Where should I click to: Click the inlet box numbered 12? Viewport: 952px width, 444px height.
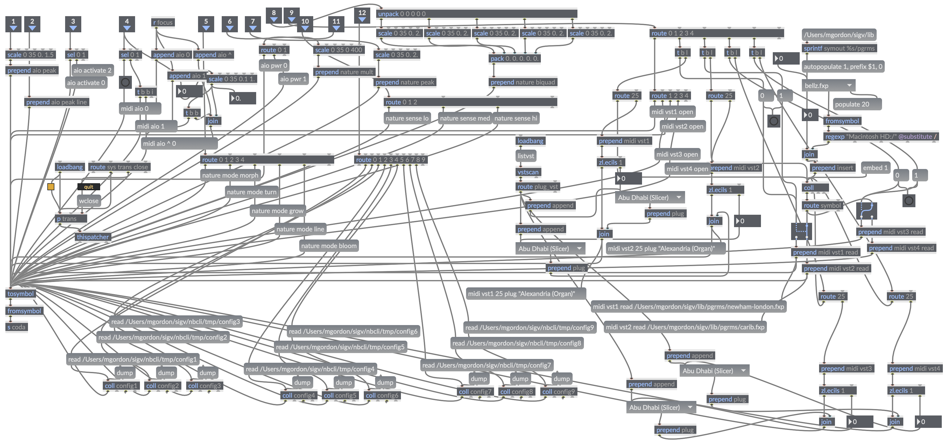coord(362,16)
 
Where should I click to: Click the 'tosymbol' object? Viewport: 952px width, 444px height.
coord(21,294)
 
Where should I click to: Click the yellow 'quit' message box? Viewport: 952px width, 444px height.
coord(89,187)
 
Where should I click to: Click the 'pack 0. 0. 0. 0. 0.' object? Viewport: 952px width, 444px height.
coord(515,58)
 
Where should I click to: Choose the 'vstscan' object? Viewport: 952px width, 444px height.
coord(528,172)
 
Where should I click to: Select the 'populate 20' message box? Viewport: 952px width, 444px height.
coord(857,104)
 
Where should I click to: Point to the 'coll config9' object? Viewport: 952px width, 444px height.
coord(558,392)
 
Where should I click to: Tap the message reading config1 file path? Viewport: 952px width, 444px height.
coord(133,359)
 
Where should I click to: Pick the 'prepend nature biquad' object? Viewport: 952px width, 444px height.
coord(523,82)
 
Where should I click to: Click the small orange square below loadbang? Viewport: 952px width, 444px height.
coord(51,187)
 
